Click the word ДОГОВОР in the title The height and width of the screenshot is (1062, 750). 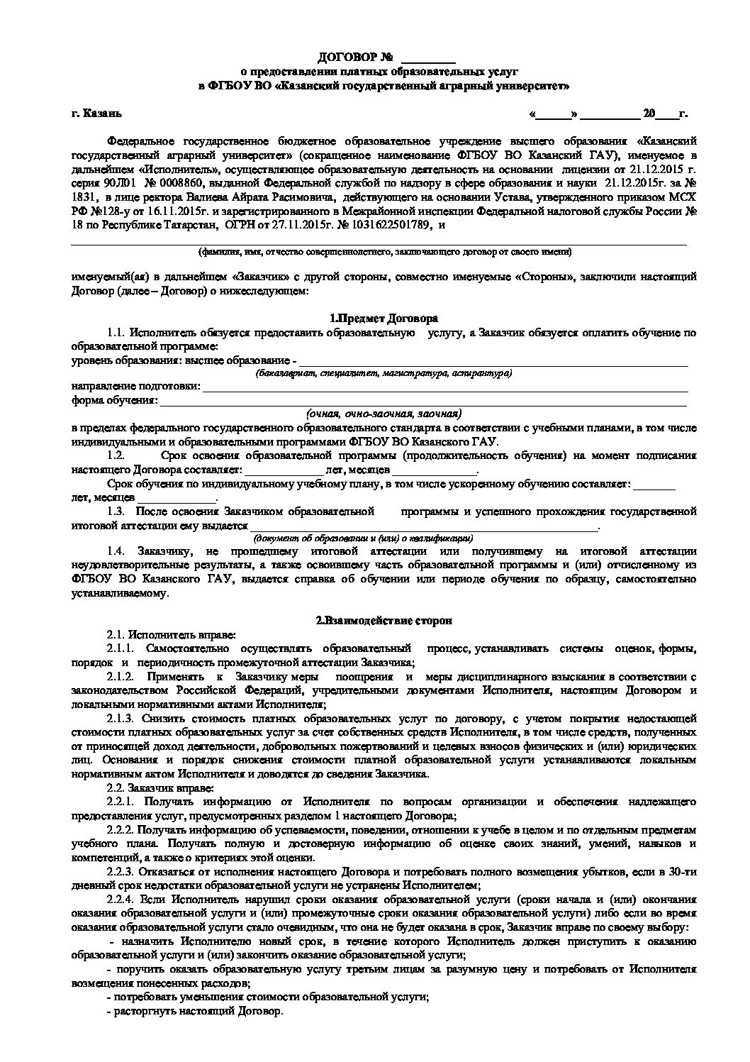pyautogui.click(x=343, y=57)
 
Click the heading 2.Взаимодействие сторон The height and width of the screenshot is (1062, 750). pyautogui.click(x=384, y=620)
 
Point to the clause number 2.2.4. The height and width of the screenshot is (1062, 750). pyautogui.click(x=120, y=898)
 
